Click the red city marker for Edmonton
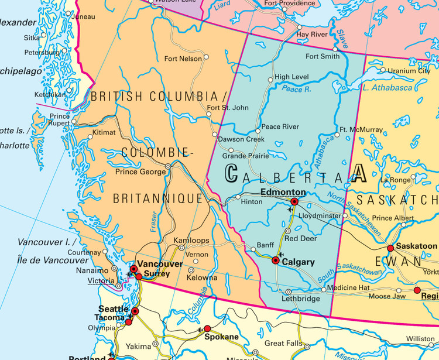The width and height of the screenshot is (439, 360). pos(294,201)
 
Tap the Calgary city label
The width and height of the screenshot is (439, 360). pos(299,263)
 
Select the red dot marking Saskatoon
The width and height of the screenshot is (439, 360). pos(390,248)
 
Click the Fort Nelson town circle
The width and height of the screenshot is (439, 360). pos(207,58)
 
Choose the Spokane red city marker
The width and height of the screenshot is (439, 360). pos(207,328)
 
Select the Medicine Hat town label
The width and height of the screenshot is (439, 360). pos(349,288)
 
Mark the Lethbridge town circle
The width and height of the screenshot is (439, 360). pos(288,292)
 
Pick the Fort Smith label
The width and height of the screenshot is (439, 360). pos(323,56)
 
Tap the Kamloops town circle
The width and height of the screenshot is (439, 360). pos(181,248)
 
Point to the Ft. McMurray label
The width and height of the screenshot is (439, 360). pos(361,129)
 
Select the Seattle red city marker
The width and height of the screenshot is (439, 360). pos(135,311)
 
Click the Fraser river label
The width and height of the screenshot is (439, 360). pos(154,223)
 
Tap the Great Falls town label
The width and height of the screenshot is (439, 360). pos(283,343)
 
